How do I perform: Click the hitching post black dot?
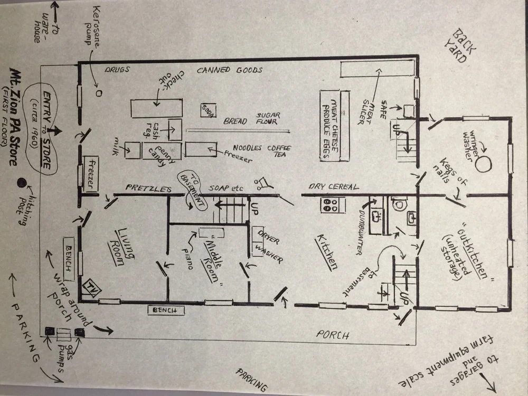(x=21, y=183)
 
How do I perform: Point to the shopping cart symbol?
(x=261, y=183)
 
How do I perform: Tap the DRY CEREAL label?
(x=334, y=186)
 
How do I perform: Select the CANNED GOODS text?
(x=230, y=70)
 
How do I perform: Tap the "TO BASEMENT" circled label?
(x=192, y=190)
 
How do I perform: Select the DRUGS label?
(x=117, y=70)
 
